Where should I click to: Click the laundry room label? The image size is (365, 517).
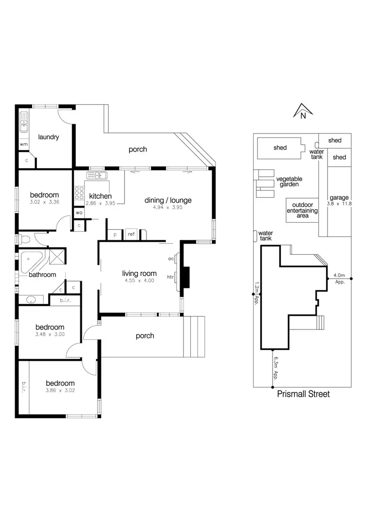(48, 137)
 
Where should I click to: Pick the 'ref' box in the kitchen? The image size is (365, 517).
(131, 234)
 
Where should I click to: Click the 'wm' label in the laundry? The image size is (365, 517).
(23, 145)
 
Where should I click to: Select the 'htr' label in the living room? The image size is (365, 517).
(170, 277)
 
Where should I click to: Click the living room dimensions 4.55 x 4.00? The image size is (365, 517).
(139, 281)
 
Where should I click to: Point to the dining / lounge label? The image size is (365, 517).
(168, 200)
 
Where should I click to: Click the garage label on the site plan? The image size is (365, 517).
(339, 198)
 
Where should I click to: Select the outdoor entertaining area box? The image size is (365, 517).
(302, 210)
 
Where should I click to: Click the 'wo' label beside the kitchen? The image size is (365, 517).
(79, 212)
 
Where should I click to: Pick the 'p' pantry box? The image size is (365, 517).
(115, 234)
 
